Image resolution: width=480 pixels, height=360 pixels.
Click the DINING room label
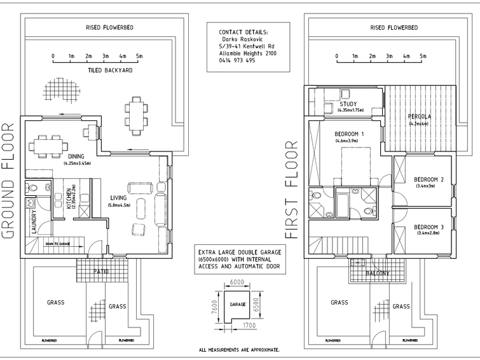point(77,156)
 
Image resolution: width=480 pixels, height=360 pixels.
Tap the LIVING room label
point(119,198)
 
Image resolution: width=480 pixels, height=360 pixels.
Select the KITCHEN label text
point(68,199)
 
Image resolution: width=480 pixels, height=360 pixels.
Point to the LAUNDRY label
point(34,223)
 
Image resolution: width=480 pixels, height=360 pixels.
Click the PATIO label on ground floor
point(100,272)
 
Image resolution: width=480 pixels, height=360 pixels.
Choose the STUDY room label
point(348,104)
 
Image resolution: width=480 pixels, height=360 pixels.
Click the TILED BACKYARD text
point(110,71)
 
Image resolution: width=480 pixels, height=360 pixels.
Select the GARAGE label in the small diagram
point(238,304)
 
